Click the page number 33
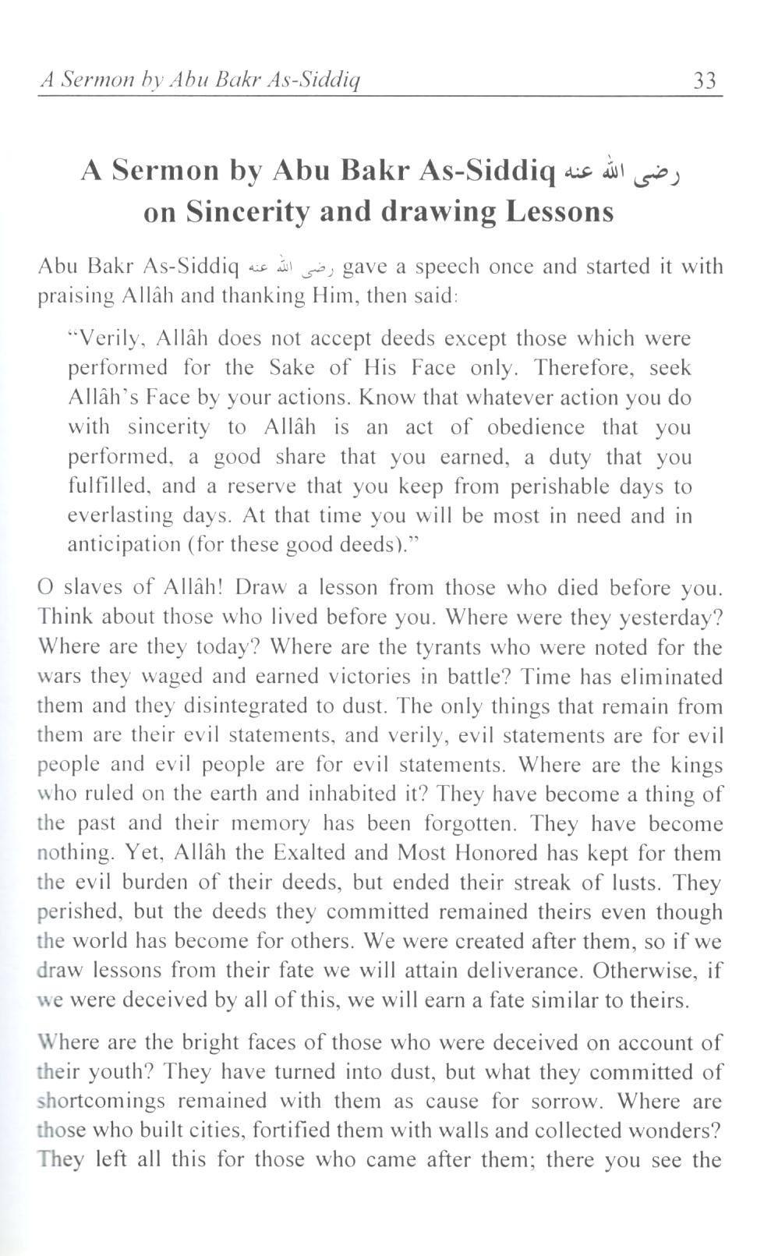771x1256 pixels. [704, 80]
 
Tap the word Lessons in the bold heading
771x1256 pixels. [559, 212]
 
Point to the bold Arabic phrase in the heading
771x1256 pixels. [624, 171]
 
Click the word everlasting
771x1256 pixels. [119, 516]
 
